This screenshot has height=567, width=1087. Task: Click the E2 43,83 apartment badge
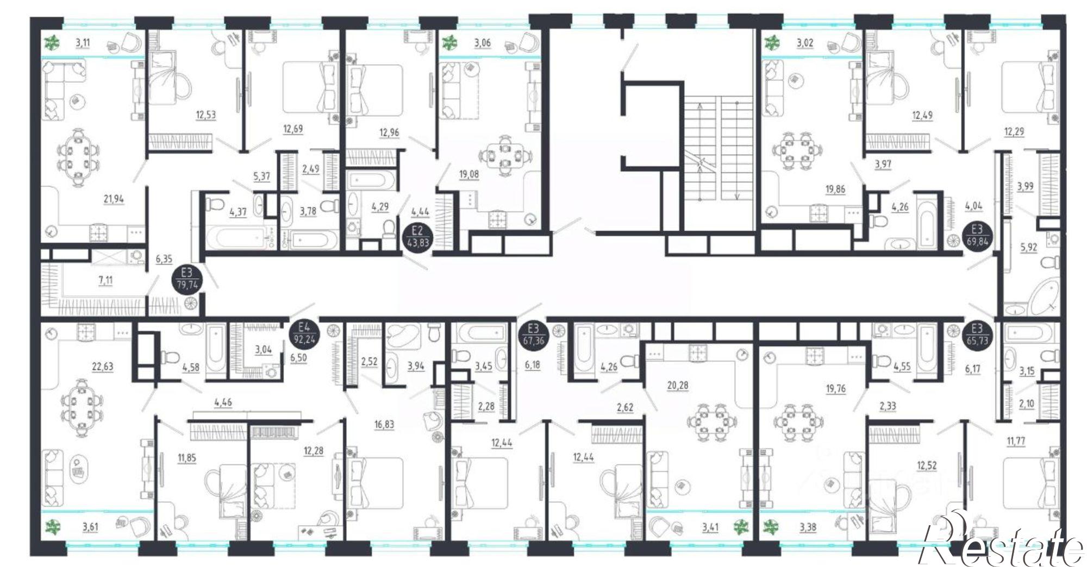418,236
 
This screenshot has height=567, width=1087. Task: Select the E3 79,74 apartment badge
188,279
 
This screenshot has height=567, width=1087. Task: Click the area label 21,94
114,199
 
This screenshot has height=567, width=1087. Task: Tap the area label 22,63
102,367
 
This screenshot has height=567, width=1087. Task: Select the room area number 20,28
677,385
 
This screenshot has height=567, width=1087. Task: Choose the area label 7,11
105,280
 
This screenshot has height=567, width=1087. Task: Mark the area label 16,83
384,424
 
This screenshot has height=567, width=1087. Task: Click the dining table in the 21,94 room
79,156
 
